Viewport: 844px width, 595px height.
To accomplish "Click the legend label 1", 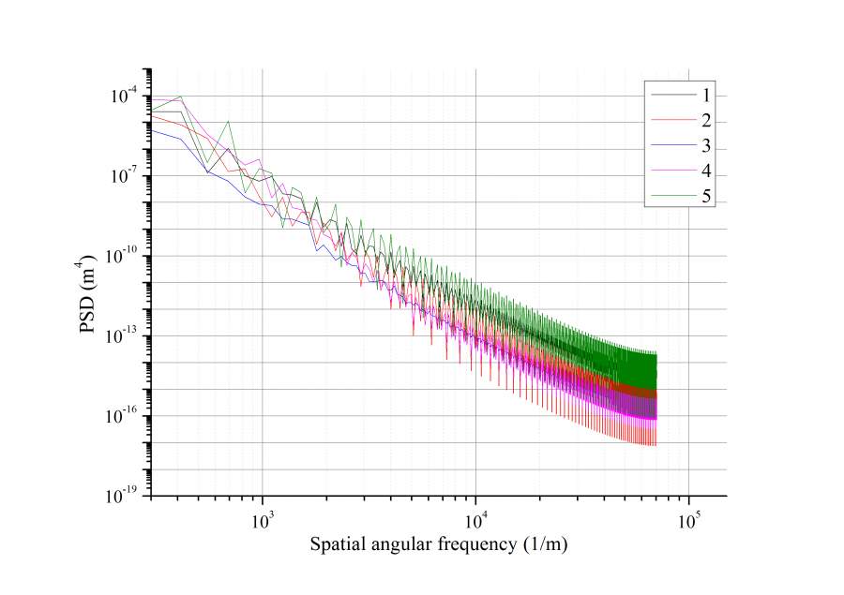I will (706, 96).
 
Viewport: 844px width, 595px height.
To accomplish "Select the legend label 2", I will (706, 121).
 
